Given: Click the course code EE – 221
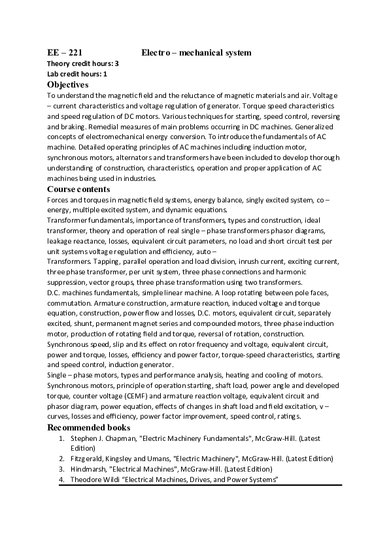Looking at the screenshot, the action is coord(64,52).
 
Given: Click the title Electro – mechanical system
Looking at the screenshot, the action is coord(196,52).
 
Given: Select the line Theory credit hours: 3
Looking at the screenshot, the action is coord(83,63).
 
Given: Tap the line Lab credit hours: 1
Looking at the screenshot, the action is coord(77,74).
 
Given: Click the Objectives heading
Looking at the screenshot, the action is coord(68,84).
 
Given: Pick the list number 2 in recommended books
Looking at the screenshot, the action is coord(61,459).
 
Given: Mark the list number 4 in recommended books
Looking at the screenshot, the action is coord(61,479).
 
